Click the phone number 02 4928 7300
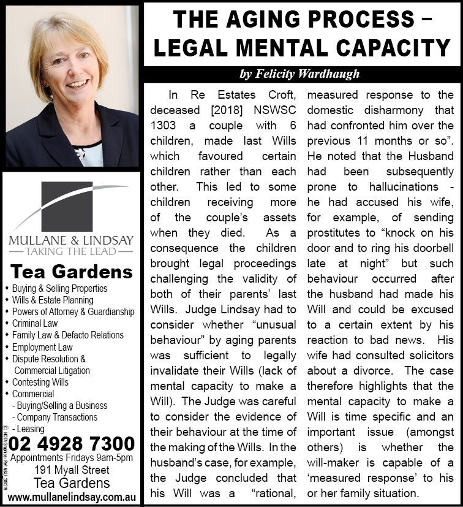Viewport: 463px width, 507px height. (x=72, y=443)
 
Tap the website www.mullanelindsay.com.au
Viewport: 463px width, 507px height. (x=72, y=496)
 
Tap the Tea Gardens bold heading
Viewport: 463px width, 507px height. (x=72, y=272)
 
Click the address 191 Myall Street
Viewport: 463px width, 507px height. (x=72, y=470)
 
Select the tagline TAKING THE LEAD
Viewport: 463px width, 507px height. (x=71, y=250)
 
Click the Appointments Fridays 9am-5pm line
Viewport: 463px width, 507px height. (x=72, y=458)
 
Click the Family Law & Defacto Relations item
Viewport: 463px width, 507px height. (x=67, y=335)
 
